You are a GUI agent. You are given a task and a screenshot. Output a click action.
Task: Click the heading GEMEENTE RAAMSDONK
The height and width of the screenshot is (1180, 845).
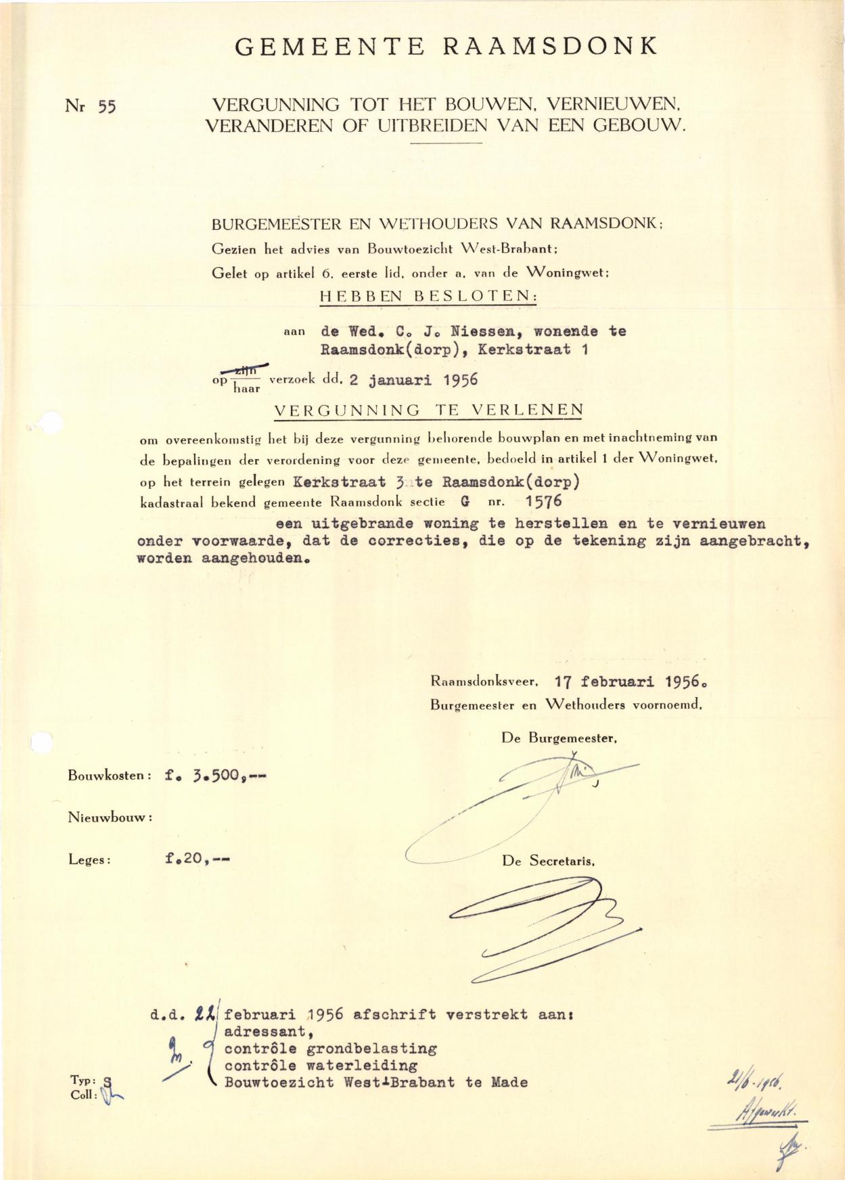coord(446,46)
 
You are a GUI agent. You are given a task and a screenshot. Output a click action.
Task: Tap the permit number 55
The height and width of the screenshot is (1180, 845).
coord(107,107)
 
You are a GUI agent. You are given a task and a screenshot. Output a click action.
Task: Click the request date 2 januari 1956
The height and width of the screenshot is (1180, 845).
coord(413,379)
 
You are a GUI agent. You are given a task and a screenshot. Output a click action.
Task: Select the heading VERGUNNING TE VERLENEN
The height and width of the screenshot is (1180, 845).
coord(428,410)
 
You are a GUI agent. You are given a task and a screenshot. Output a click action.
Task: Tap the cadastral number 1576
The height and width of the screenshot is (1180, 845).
coord(543,501)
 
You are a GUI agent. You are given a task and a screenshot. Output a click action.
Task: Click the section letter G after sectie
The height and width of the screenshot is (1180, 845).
coord(465,502)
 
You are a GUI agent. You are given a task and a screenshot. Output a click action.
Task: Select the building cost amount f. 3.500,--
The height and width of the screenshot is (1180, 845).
coord(215,776)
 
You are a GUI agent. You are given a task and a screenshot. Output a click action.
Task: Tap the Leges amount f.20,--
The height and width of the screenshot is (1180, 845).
coord(197,859)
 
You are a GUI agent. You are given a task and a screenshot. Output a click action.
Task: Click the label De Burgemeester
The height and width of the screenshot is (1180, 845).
coord(559,738)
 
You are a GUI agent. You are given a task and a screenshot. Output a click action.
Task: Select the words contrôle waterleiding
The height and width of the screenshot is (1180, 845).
coord(321,1066)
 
